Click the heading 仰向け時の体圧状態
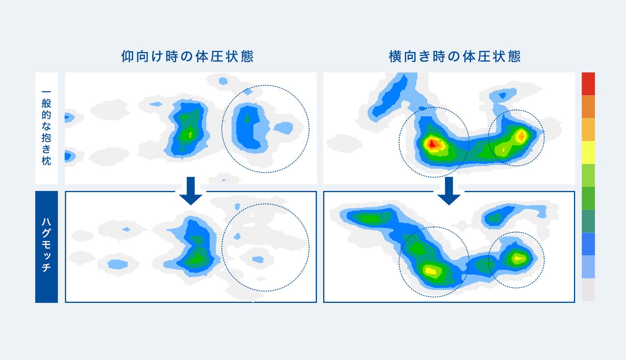pyautogui.click(x=187, y=56)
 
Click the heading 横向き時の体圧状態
pyautogui.click(x=455, y=56)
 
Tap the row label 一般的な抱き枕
pyautogui.click(x=47, y=128)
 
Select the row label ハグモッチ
pyautogui.click(x=47, y=245)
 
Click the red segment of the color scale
pyautogui.click(x=588, y=84)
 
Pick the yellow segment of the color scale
pyautogui.click(x=588, y=152)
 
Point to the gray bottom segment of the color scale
pyautogui.click(x=588, y=290)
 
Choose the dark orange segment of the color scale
pyautogui.click(x=588, y=106)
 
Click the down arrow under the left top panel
pyautogui.click(x=191, y=191)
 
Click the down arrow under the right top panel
pyautogui.click(x=449, y=191)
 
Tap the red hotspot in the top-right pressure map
pyautogui.click(x=432, y=144)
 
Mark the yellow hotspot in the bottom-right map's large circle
pyautogui.click(x=430, y=270)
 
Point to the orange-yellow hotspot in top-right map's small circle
pyautogui.click(x=522, y=136)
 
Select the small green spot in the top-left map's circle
pyautogui.click(x=247, y=119)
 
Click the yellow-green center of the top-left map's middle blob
pyautogui.click(x=189, y=135)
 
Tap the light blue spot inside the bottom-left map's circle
pyautogui.click(x=258, y=260)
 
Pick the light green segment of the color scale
pyautogui.click(x=588, y=175)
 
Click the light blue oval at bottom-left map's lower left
pyautogui.click(x=118, y=264)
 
